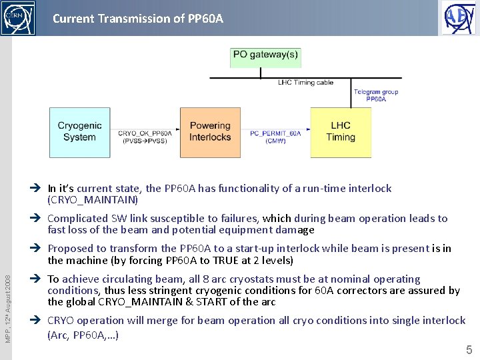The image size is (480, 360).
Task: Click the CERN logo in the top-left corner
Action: tap(18, 18)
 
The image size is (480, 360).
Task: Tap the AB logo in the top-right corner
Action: tap(459, 18)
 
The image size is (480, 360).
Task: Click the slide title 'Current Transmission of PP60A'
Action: tap(138, 18)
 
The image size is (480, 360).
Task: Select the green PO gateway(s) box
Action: tap(265, 57)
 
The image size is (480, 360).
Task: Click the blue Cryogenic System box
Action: tap(79, 132)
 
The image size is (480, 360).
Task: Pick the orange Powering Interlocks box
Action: tap(210, 132)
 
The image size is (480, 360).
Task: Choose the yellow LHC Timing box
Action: tap(341, 132)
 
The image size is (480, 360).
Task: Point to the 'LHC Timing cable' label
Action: tap(305, 83)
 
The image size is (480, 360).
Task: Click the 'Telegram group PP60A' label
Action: tap(376, 95)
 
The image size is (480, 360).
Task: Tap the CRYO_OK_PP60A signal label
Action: tap(145, 137)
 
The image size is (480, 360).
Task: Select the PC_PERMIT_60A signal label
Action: tap(275, 137)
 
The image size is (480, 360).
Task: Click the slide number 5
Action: tap(469, 349)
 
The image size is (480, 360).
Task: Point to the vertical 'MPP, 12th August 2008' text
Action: tap(7, 300)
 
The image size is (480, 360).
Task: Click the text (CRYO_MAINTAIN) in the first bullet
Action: tap(93, 200)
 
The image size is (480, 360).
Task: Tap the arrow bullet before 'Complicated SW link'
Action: tap(39, 219)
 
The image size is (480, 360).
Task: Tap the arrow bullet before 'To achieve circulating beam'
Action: tap(39, 279)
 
